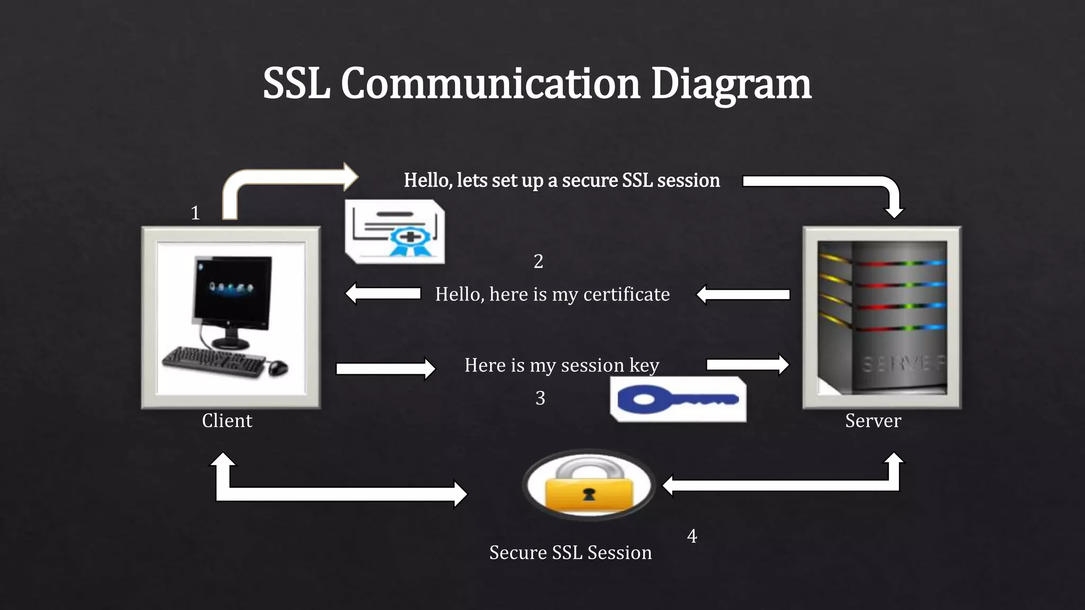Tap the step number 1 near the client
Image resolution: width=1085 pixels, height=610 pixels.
pyautogui.click(x=195, y=213)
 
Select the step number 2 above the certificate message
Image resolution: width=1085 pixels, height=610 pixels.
pyautogui.click(x=538, y=261)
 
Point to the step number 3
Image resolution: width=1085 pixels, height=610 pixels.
pyautogui.click(x=540, y=398)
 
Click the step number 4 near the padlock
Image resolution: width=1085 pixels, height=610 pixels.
pyautogui.click(x=692, y=536)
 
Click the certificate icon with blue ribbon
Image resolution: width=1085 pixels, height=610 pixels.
pyautogui.click(x=395, y=232)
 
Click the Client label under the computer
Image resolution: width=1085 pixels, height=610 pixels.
pyautogui.click(x=227, y=420)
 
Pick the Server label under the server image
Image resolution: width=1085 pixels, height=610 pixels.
pyautogui.click(x=873, y=420)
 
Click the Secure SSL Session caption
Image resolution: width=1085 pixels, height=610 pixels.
pyautogui.click(x=570, y=552)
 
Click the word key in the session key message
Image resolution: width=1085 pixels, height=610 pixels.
pyautogui.click(x=644, y=365)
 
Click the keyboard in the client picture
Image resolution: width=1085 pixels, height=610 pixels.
pyautogui.click(x=212, y=362)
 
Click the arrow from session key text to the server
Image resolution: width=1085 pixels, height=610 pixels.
pyautogui.click(x=748, y=364)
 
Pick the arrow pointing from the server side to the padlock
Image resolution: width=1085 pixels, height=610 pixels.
pyautogui.click(x=779, y=485)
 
